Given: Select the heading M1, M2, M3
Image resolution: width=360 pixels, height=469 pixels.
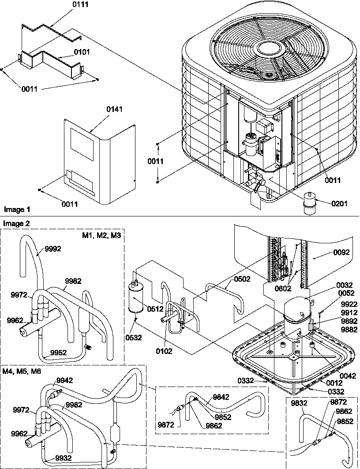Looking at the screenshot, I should pos(101,236).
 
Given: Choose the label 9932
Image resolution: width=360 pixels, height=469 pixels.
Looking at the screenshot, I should pos(64,458).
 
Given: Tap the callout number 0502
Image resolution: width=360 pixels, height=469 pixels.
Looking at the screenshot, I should pos(242,279).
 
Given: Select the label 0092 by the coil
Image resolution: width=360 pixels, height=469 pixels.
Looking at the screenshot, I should pos(341,253).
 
